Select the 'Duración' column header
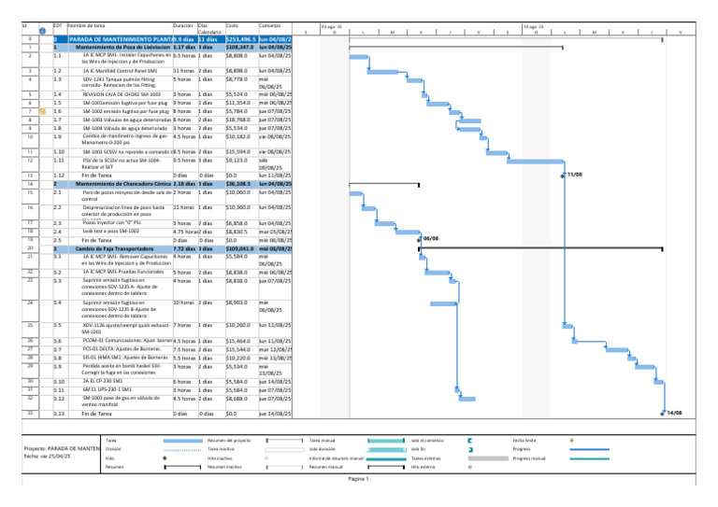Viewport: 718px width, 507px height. (183, 24)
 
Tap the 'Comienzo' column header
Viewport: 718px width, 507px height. (270, 24)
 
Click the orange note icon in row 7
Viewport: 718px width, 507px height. (40, 111)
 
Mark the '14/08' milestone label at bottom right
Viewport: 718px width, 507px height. (674, 412)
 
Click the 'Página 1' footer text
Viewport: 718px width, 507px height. (359, 479)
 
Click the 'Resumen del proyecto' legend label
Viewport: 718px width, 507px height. (226, 440)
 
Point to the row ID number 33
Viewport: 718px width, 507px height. (29, 412)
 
